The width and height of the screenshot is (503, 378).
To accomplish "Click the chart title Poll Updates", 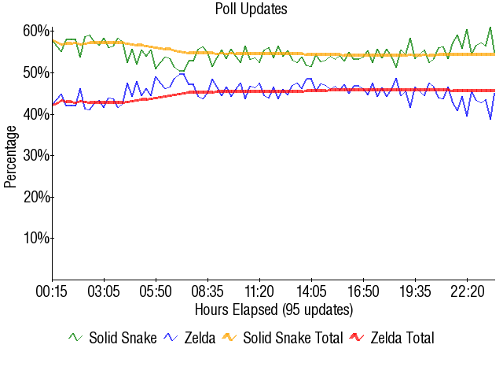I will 251,9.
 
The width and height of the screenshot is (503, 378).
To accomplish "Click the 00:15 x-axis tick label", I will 53,291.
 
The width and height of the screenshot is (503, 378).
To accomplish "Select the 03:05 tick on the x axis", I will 104,291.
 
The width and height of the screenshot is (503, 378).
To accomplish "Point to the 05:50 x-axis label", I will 156,291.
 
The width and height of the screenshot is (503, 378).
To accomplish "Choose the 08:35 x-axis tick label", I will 207,291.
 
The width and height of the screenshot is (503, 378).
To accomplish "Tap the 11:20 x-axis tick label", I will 259,291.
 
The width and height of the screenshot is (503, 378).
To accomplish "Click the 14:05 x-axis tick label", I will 311,291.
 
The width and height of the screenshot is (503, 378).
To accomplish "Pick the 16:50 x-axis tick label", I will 363,291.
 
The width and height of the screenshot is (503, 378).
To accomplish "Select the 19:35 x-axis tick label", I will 415,291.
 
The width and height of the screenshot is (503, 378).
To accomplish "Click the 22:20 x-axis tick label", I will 467,291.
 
